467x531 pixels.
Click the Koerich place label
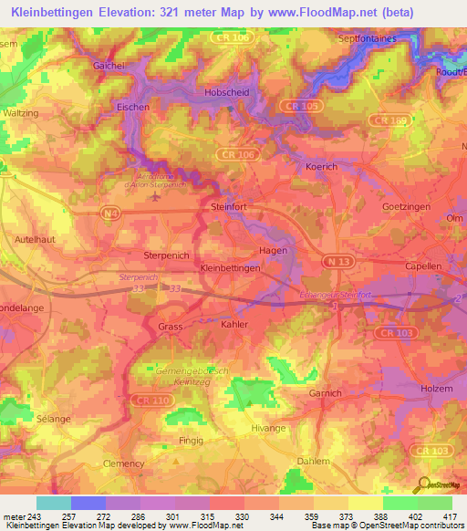click(319, 167)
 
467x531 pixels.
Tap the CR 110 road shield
click(141, 400)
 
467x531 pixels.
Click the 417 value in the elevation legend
click(451, 516)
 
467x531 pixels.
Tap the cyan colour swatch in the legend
click(54, 503)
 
